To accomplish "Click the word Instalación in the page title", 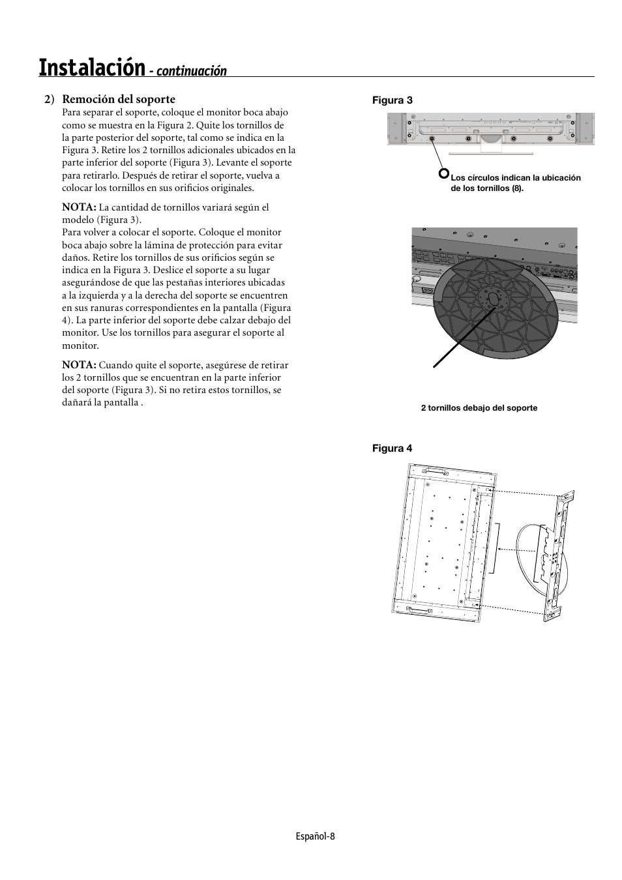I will click(91, 67).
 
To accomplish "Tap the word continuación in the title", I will click(191, 71).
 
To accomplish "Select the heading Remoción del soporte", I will click(119, 99).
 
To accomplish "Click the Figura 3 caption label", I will click(392, 100).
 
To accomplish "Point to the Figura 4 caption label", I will click(392, 448).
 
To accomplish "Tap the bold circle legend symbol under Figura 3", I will click(444, 173).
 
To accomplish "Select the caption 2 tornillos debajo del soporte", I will click(479, 408).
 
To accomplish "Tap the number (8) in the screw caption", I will click(517, 188).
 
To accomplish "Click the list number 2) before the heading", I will click(49, 99).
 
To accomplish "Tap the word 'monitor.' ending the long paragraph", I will click(80, 345).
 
